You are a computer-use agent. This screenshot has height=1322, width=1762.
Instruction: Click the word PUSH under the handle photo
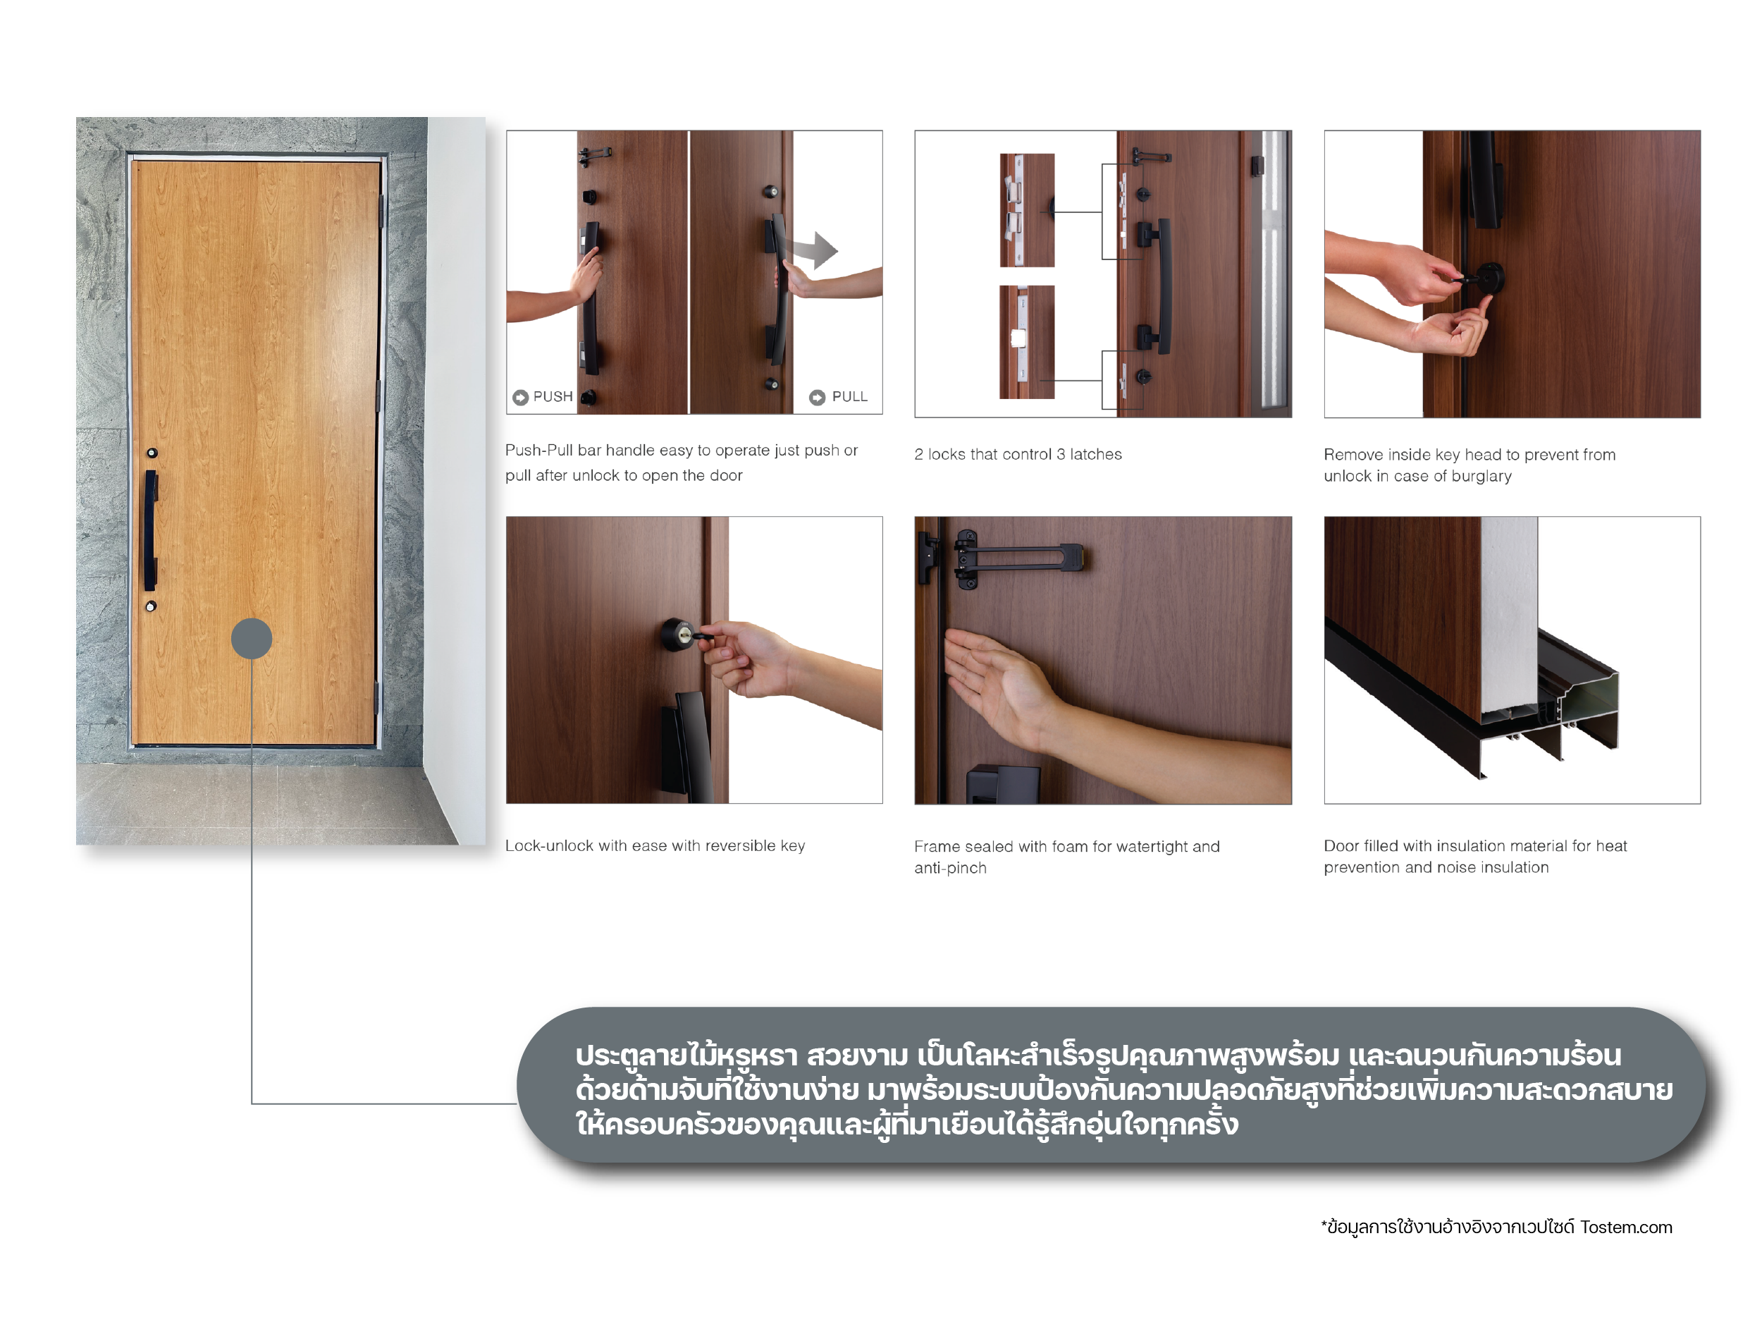click(x=553, y=397)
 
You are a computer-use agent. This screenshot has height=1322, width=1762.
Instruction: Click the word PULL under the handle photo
click(x=850, y=397)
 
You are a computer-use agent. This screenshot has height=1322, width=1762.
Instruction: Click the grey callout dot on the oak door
click(x=252, y=638)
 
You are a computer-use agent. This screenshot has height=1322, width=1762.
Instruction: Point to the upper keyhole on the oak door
click(x=152, y=453)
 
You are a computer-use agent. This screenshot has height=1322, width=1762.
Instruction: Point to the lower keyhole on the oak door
click(x=151, y=606)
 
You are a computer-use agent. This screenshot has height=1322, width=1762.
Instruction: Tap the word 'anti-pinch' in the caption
click(x=950, y=869)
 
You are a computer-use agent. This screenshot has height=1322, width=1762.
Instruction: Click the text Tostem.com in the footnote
click(x=1626, y=1228)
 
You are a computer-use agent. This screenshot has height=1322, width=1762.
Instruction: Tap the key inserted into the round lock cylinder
click(x=699, y=636)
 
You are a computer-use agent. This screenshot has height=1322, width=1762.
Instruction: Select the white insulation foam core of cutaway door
click(x=1510, y=613)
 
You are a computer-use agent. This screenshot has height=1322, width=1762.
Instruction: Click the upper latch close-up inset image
click(x=1027, y=210)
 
